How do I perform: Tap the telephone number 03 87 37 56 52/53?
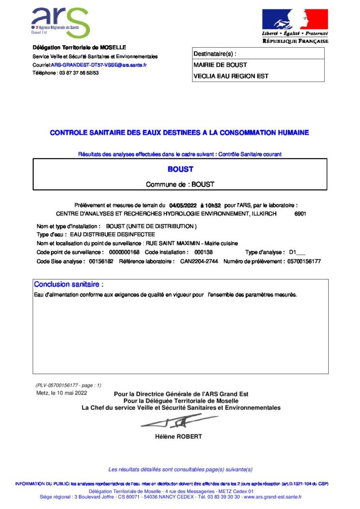point(79,73)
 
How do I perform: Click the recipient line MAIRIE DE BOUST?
point(220,65)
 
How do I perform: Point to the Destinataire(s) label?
point(214,54)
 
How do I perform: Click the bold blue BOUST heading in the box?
point(180,170)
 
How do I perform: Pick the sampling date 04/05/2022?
point(183,205)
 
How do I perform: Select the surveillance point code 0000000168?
point(124,253)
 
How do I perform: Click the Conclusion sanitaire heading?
point(69,285)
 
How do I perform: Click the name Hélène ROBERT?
point(179,437)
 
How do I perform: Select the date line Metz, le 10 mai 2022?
point(62,393)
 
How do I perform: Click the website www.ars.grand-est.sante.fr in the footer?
point(272,497)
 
